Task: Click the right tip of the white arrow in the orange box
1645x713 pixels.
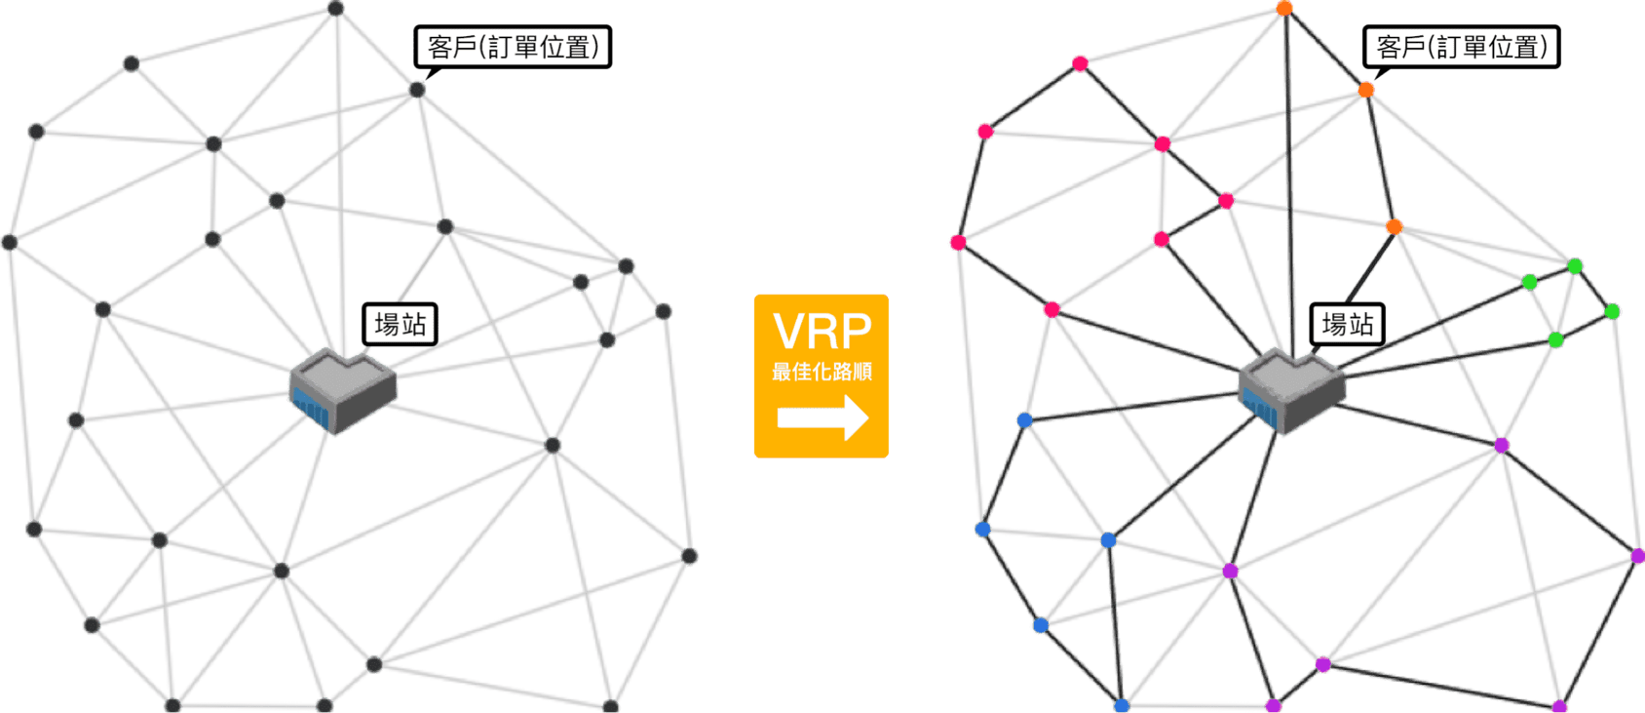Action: click(x=869, y=417)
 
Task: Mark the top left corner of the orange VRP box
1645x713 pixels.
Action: click(x=755, y=296)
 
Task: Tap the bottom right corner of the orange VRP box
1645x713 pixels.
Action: click(x=889, y=457)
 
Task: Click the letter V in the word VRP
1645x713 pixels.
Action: click(x=790, y=332)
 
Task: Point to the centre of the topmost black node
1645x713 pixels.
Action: click(x=335, y=9)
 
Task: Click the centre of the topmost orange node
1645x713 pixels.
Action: click(x=1284, y=9)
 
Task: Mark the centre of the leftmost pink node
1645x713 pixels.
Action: click(x=958, y=243)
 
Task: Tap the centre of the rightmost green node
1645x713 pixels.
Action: click(x=1612, y=312)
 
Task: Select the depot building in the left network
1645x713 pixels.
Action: click(x=343, y=390)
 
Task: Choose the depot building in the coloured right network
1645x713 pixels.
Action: click(x=1292, y=390)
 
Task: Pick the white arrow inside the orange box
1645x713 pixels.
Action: click(x=823, y=417)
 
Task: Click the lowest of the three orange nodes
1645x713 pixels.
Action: click(x=1394, y=227)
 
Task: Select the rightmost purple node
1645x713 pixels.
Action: click(x=1637, y=556)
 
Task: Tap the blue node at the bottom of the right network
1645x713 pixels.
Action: click(x=1122, y=705)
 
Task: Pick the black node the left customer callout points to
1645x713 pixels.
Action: click(x=417, y=90)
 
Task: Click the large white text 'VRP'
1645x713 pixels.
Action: click(x=822, y=332)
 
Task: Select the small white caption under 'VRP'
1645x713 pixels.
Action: click(x=822, y=372)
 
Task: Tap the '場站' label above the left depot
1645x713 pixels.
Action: click(x=401, y=324)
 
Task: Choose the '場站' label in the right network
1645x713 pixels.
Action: click(x=1348, y=324)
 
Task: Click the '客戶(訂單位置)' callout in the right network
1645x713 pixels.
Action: click(x=1462, y=47)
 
